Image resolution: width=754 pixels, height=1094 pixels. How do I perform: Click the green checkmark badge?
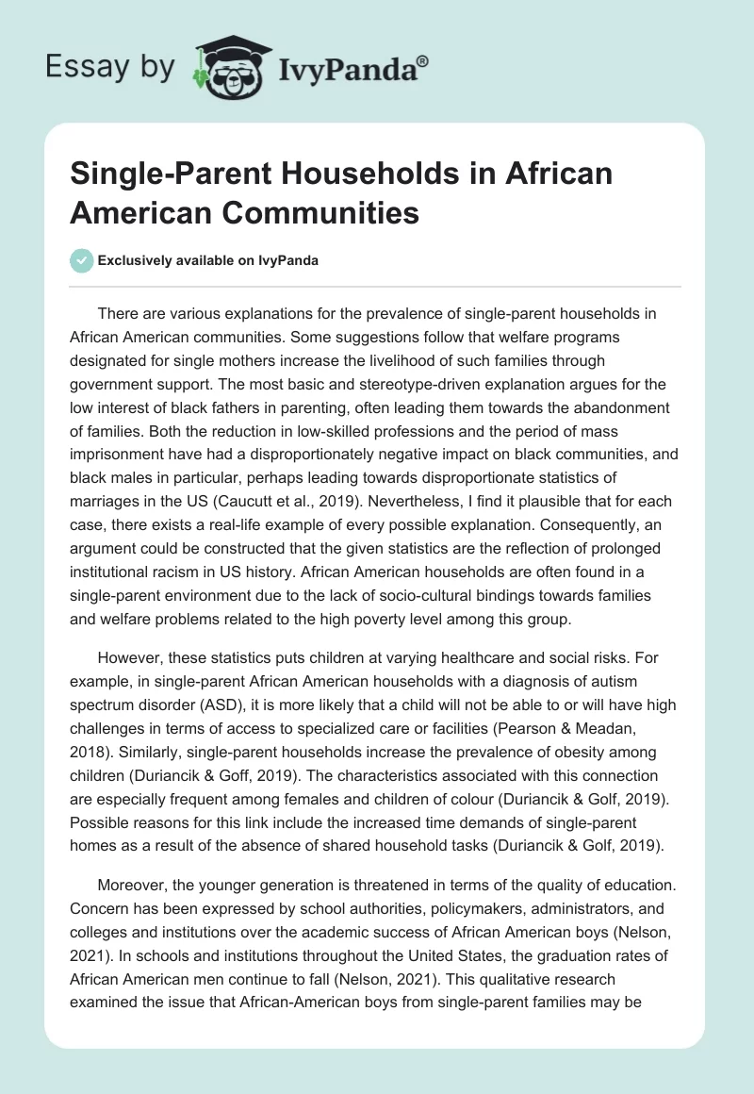click(x=82, y=260)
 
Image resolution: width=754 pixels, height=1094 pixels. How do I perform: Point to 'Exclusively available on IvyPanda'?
click(x=207, y=261)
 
